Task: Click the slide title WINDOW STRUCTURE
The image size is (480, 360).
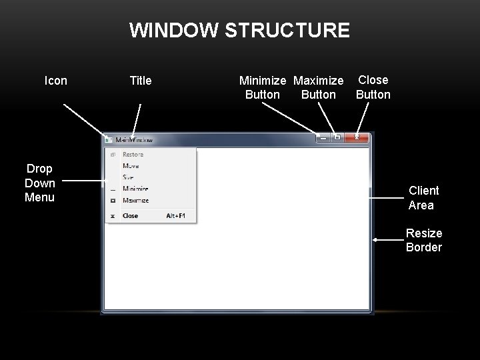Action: tap(239, 31)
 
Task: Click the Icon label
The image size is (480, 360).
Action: tap(55, 81)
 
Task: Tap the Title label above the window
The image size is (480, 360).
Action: tap(140, 81)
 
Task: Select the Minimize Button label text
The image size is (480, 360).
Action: tap(263, 87)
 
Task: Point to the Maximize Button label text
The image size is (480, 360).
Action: tap(319, 87)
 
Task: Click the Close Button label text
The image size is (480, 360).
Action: tap(373, 87)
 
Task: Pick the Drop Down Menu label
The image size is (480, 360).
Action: tap(40, 183)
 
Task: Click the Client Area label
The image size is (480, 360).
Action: tap(423, 198)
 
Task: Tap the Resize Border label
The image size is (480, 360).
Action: tap(424, 240)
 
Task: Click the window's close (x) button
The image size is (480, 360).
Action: tap(357, 137)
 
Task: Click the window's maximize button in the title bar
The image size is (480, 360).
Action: tap(337, 137)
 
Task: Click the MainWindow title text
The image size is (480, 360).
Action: tap(134, 140)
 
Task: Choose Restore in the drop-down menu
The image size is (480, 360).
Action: tap(133, 155)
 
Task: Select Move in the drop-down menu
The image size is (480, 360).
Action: tap(131, 166)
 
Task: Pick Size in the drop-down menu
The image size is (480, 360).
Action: tap(129, 177)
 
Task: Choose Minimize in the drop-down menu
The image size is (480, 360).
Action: tap(135, 189)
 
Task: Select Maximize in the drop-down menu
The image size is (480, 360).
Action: tap(135, 200)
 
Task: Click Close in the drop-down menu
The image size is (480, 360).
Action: tap(131, 216)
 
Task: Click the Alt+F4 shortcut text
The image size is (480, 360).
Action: tap(177, 216)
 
